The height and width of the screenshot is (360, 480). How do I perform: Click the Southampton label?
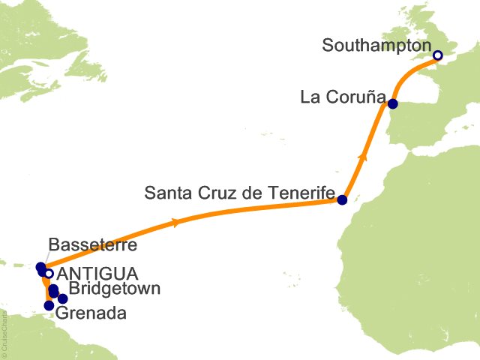tap(376, 45)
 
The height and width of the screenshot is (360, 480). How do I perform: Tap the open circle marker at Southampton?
tap(438, 55)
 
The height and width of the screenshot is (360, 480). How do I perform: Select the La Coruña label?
tap(343, 97)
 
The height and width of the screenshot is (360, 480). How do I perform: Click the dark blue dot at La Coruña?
tap(392, 104)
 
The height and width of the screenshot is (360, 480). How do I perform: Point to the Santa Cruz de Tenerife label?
tap(238, 193)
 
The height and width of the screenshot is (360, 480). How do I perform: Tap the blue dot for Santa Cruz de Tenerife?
tap(342, 200)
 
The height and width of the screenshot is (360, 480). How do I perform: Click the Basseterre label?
tap(92, 245)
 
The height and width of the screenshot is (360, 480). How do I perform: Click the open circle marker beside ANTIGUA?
tap(49, 274)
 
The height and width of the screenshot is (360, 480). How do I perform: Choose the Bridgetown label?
tap(113, 289)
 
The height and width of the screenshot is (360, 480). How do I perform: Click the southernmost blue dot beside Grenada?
tap(49, 305)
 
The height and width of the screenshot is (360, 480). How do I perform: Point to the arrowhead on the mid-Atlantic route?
tap(175, 222)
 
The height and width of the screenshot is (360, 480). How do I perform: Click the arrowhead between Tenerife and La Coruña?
tap(363, 157)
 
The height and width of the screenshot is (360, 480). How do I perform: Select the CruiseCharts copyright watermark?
tap(4, 331)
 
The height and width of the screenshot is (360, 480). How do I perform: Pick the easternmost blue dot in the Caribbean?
tap(63, 299)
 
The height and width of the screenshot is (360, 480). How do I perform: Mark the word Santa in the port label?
tap(164, 193)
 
